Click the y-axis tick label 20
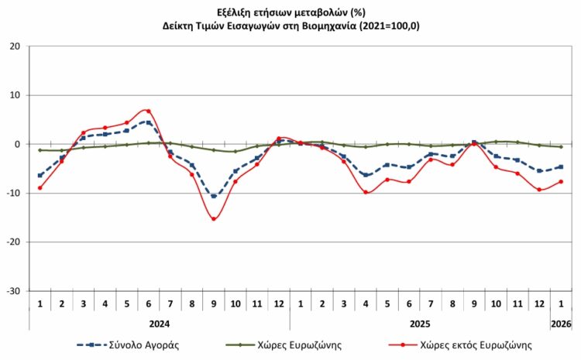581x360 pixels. pyautogui.click(x=15, y=46)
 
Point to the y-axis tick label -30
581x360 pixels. pyautogui.click(x=13, y=291)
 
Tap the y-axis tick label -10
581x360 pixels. pyautogui.click(x=13, y=194)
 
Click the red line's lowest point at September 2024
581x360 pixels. pyautogui.click(x=213, y=219)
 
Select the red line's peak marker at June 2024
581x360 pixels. pyautogui.click(x=148, y=111)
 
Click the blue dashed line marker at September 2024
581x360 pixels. pyautogui.click(x=213, y=196)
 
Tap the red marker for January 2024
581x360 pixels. pyautogui.click(x=40, y=187)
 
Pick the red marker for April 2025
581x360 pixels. pyautogui.click(x=366, y=192)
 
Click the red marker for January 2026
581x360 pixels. pyautogui.click(x=561, y=182)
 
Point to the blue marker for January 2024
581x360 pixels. pyautogui.click(x=40, y=175)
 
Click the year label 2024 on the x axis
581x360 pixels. pyautogui.click(x=159, y=324)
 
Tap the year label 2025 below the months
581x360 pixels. pyautogui.click(x=419, y=324)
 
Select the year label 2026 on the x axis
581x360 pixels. pyautogui.click(x=561, y=324)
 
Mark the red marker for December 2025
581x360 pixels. pyautogui.click(x=539, y=190)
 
